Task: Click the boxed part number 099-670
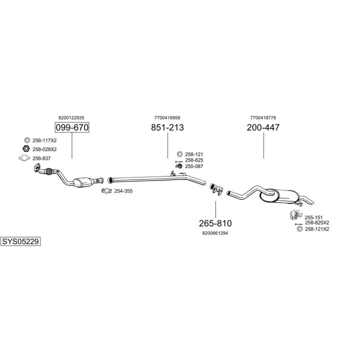point(71,127)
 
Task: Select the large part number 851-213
point(167,127)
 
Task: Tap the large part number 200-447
point(263,127)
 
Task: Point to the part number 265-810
point(215,223)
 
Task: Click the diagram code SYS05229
point(20,241)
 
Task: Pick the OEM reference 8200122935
point(71,117)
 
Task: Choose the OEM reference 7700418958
point(167,117)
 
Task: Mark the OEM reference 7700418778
point(263,117)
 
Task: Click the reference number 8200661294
point(215,233)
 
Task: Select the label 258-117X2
point(44,140)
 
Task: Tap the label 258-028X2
point(44,149)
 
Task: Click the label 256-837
point(41,158)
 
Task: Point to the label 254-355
point(123,191)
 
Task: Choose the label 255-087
point(194,166)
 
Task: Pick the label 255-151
point(313,217)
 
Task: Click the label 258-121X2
point(317,229)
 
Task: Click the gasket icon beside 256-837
point(23,158)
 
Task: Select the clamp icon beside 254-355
point(106,191)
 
